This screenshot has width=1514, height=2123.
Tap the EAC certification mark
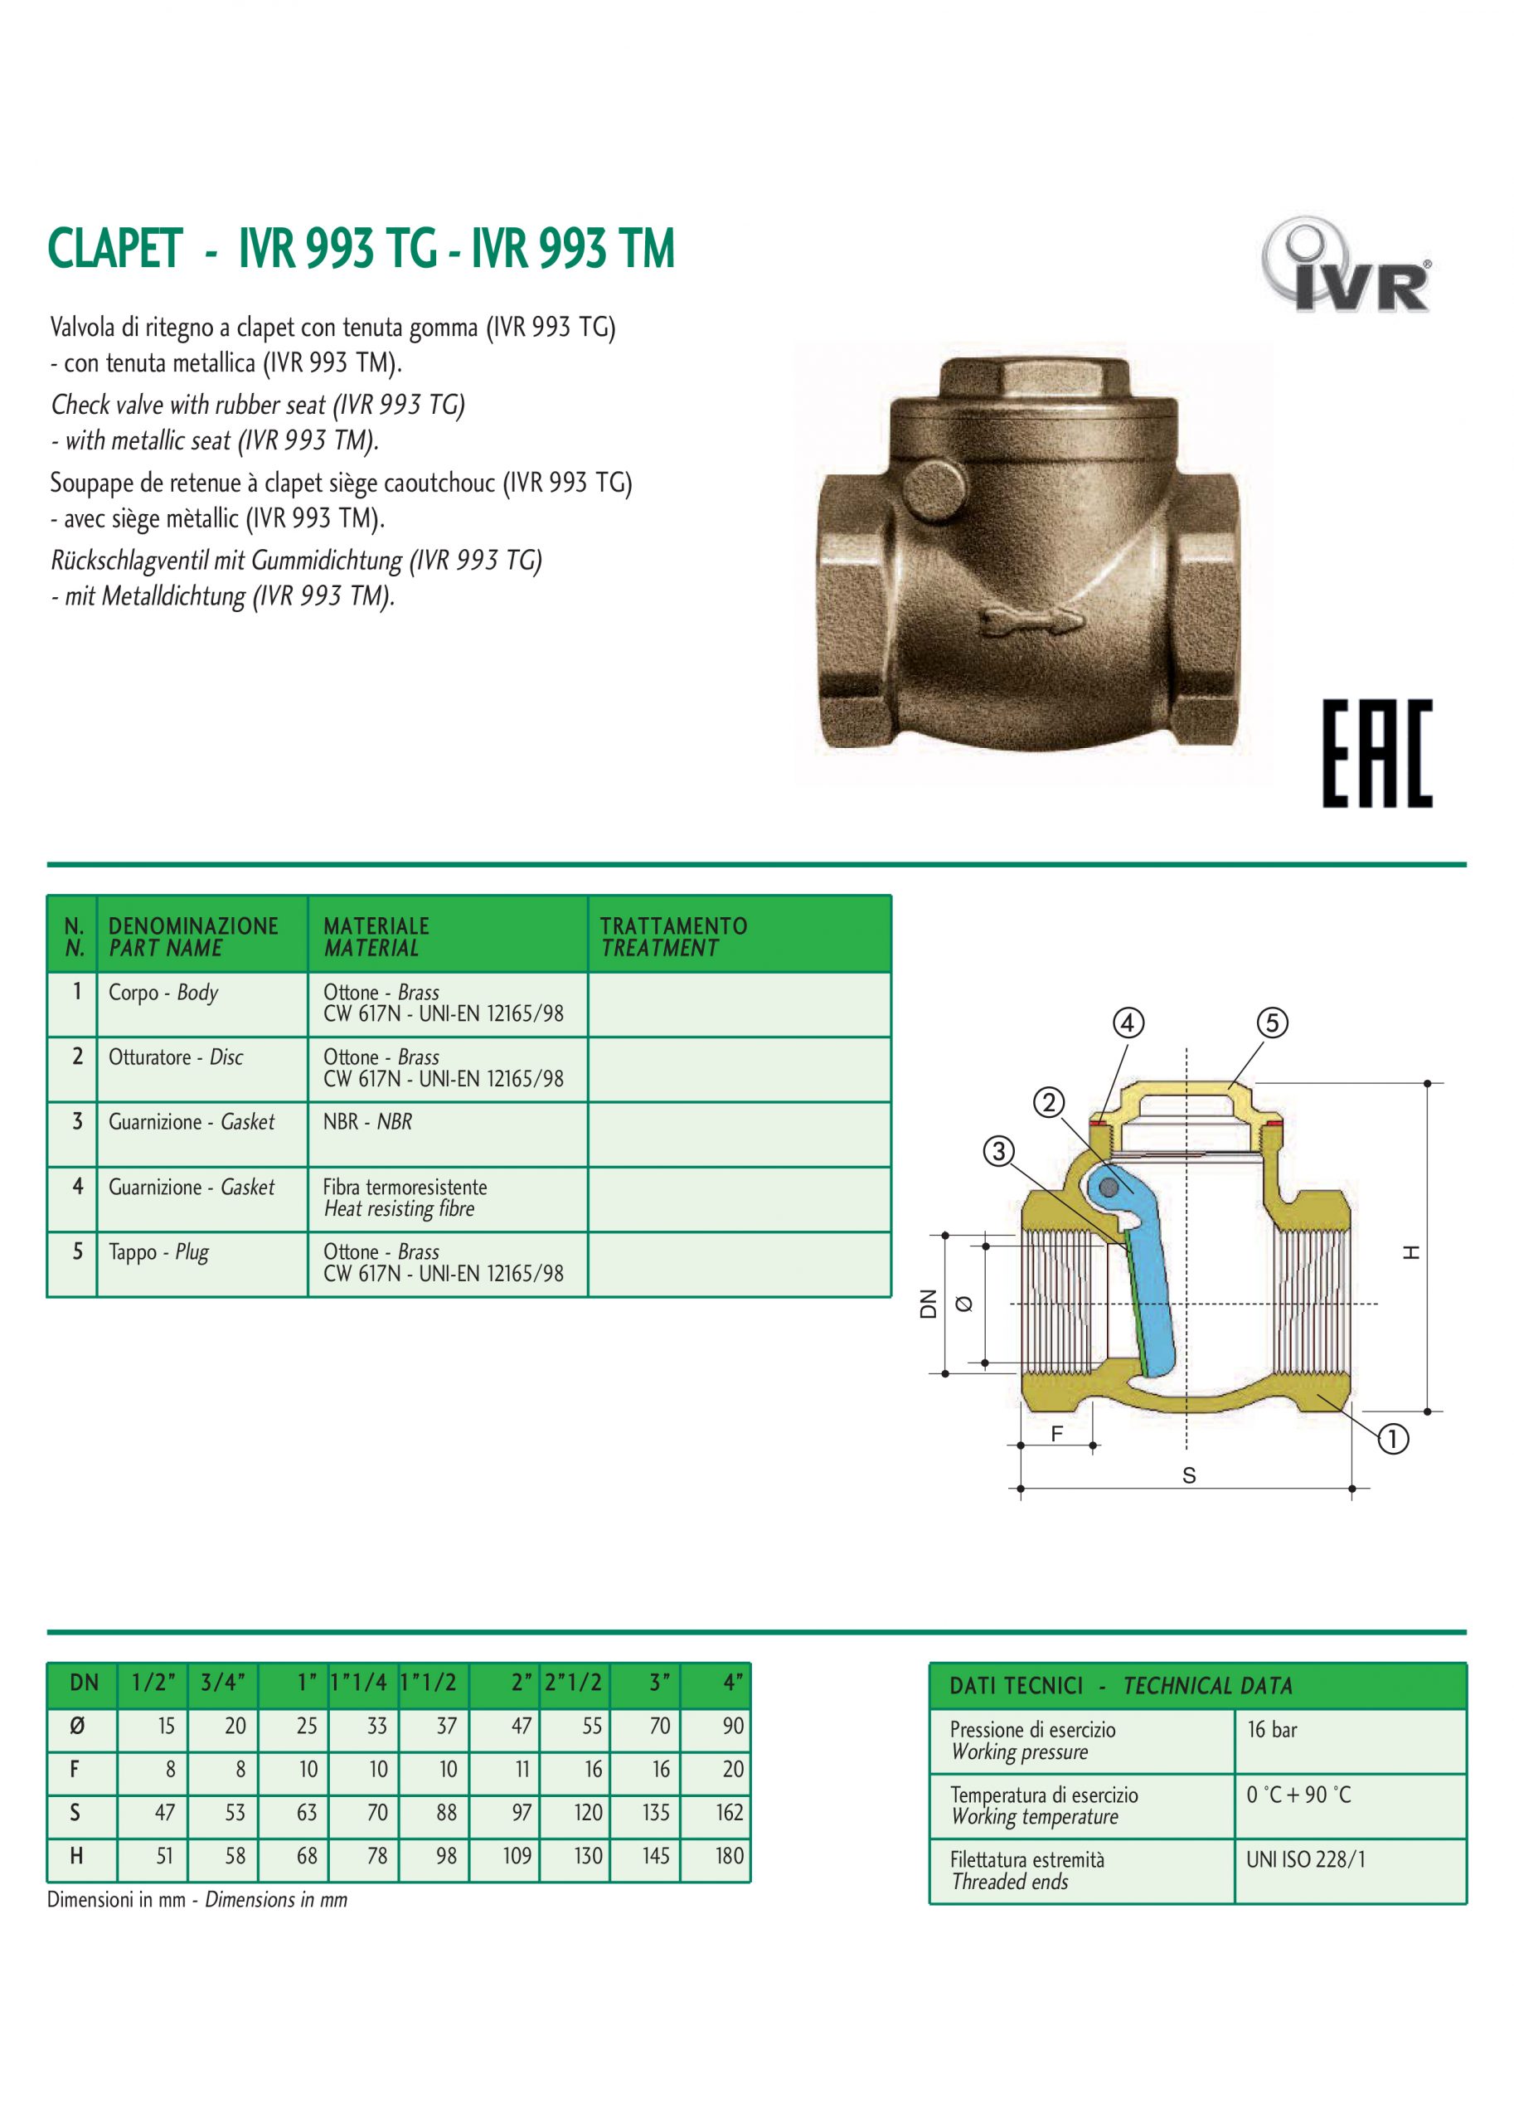[x=1376, y=753]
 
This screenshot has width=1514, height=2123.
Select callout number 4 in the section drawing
[x=1128, y=1023]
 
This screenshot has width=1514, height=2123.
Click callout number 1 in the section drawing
[x=1392, y=1440]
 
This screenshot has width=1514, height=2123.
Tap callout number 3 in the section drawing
[x=999, y=1151]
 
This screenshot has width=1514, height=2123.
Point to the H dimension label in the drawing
[x=1411, y=1252]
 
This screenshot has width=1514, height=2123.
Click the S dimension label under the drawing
[x=1189, y=1476]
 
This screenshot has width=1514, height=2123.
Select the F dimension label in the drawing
[x=1056, y=1433]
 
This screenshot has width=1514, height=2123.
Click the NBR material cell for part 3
[x=367, y=1122]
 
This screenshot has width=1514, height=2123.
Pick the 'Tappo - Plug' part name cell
[x=158, y=1251]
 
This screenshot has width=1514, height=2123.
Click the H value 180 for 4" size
[x=729, y=1855]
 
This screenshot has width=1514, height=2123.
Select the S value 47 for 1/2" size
[x=164, y=1813]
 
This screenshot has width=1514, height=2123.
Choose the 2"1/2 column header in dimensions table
[x=575, y=1682]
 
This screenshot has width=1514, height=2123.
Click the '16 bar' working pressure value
[x=1272, y=1730]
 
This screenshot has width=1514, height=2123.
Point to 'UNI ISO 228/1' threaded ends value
[x=1305, y=1859]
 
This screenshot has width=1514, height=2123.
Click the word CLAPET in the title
[x=114, y=249]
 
